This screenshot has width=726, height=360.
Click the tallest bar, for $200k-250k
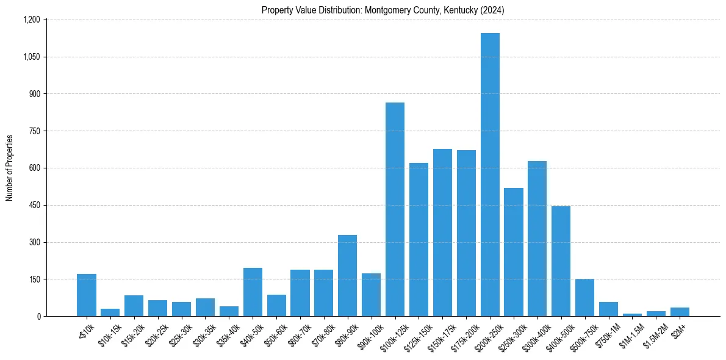click(x=490, y=175)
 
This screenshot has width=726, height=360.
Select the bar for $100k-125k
click(x=395, y=209)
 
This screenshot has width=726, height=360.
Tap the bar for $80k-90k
click(x=347, y=275)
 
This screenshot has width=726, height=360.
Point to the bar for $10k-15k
click(x=110, y=312)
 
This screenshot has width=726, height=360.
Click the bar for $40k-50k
click(x=253, y=292)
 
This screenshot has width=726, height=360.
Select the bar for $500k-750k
click(x=584, y=297)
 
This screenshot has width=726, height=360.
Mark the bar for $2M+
click(x=680, y=312)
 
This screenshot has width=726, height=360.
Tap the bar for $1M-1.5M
click(x=632, y=315)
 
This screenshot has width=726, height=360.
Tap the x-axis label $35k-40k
click(x=228, y=333)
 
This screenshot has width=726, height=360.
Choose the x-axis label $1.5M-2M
click(x=655, y=334)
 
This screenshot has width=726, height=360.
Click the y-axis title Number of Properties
click(x=10, y=168)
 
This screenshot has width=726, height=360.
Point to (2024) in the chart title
click(x=491, y=10)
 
